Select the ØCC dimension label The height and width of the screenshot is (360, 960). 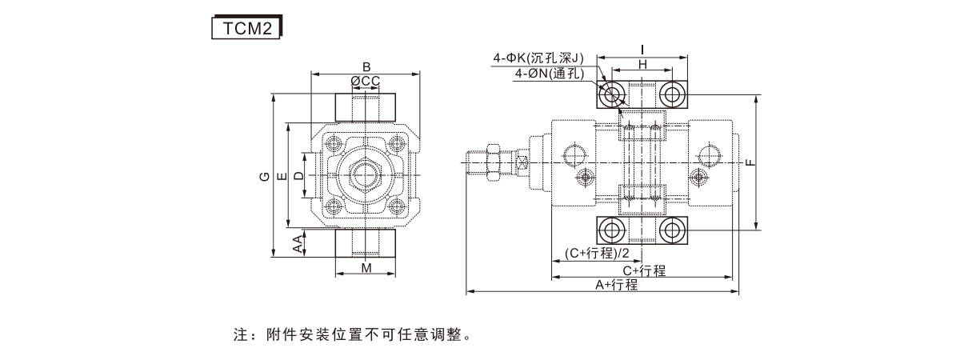pos(365,81)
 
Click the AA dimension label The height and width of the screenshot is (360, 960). pos(298,245)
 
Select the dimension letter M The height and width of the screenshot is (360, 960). pos(366,268)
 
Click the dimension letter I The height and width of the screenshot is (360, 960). pos(642,50)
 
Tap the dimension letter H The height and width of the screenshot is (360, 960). pos(642,64)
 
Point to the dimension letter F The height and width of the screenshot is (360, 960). pos(750,162)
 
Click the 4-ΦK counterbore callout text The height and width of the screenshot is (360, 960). pos(538,58)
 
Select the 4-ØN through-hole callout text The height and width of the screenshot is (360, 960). pos(550,73)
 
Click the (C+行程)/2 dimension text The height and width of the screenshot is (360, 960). pos(597,254)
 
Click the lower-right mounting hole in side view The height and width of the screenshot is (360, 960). pos(673,231)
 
